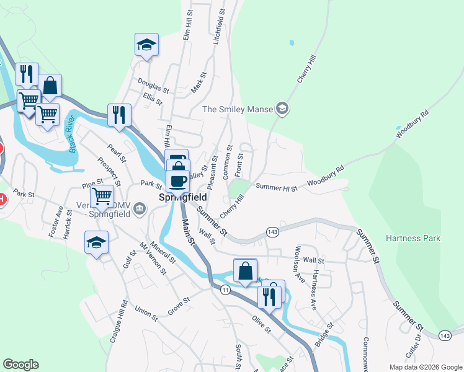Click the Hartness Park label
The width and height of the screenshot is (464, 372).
(x=413, y=238)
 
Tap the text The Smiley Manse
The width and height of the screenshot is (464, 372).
(x=238, y=110)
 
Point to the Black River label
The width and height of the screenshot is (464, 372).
(x=73, y=134)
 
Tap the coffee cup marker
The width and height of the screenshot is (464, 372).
(x=178, y=180)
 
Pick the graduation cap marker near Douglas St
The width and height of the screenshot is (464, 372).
(x=146, y=45)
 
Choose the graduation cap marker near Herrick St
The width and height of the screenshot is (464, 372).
(x=97, y=242)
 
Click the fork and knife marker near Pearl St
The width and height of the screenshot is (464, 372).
(x=119, y=115)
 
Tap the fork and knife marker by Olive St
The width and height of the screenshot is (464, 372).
(x=269, y=296)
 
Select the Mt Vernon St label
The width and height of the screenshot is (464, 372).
(x=153, y=258)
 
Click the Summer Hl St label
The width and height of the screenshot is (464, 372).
(x=277, y=187)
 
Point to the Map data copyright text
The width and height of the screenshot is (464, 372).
(x=424, y=367)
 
